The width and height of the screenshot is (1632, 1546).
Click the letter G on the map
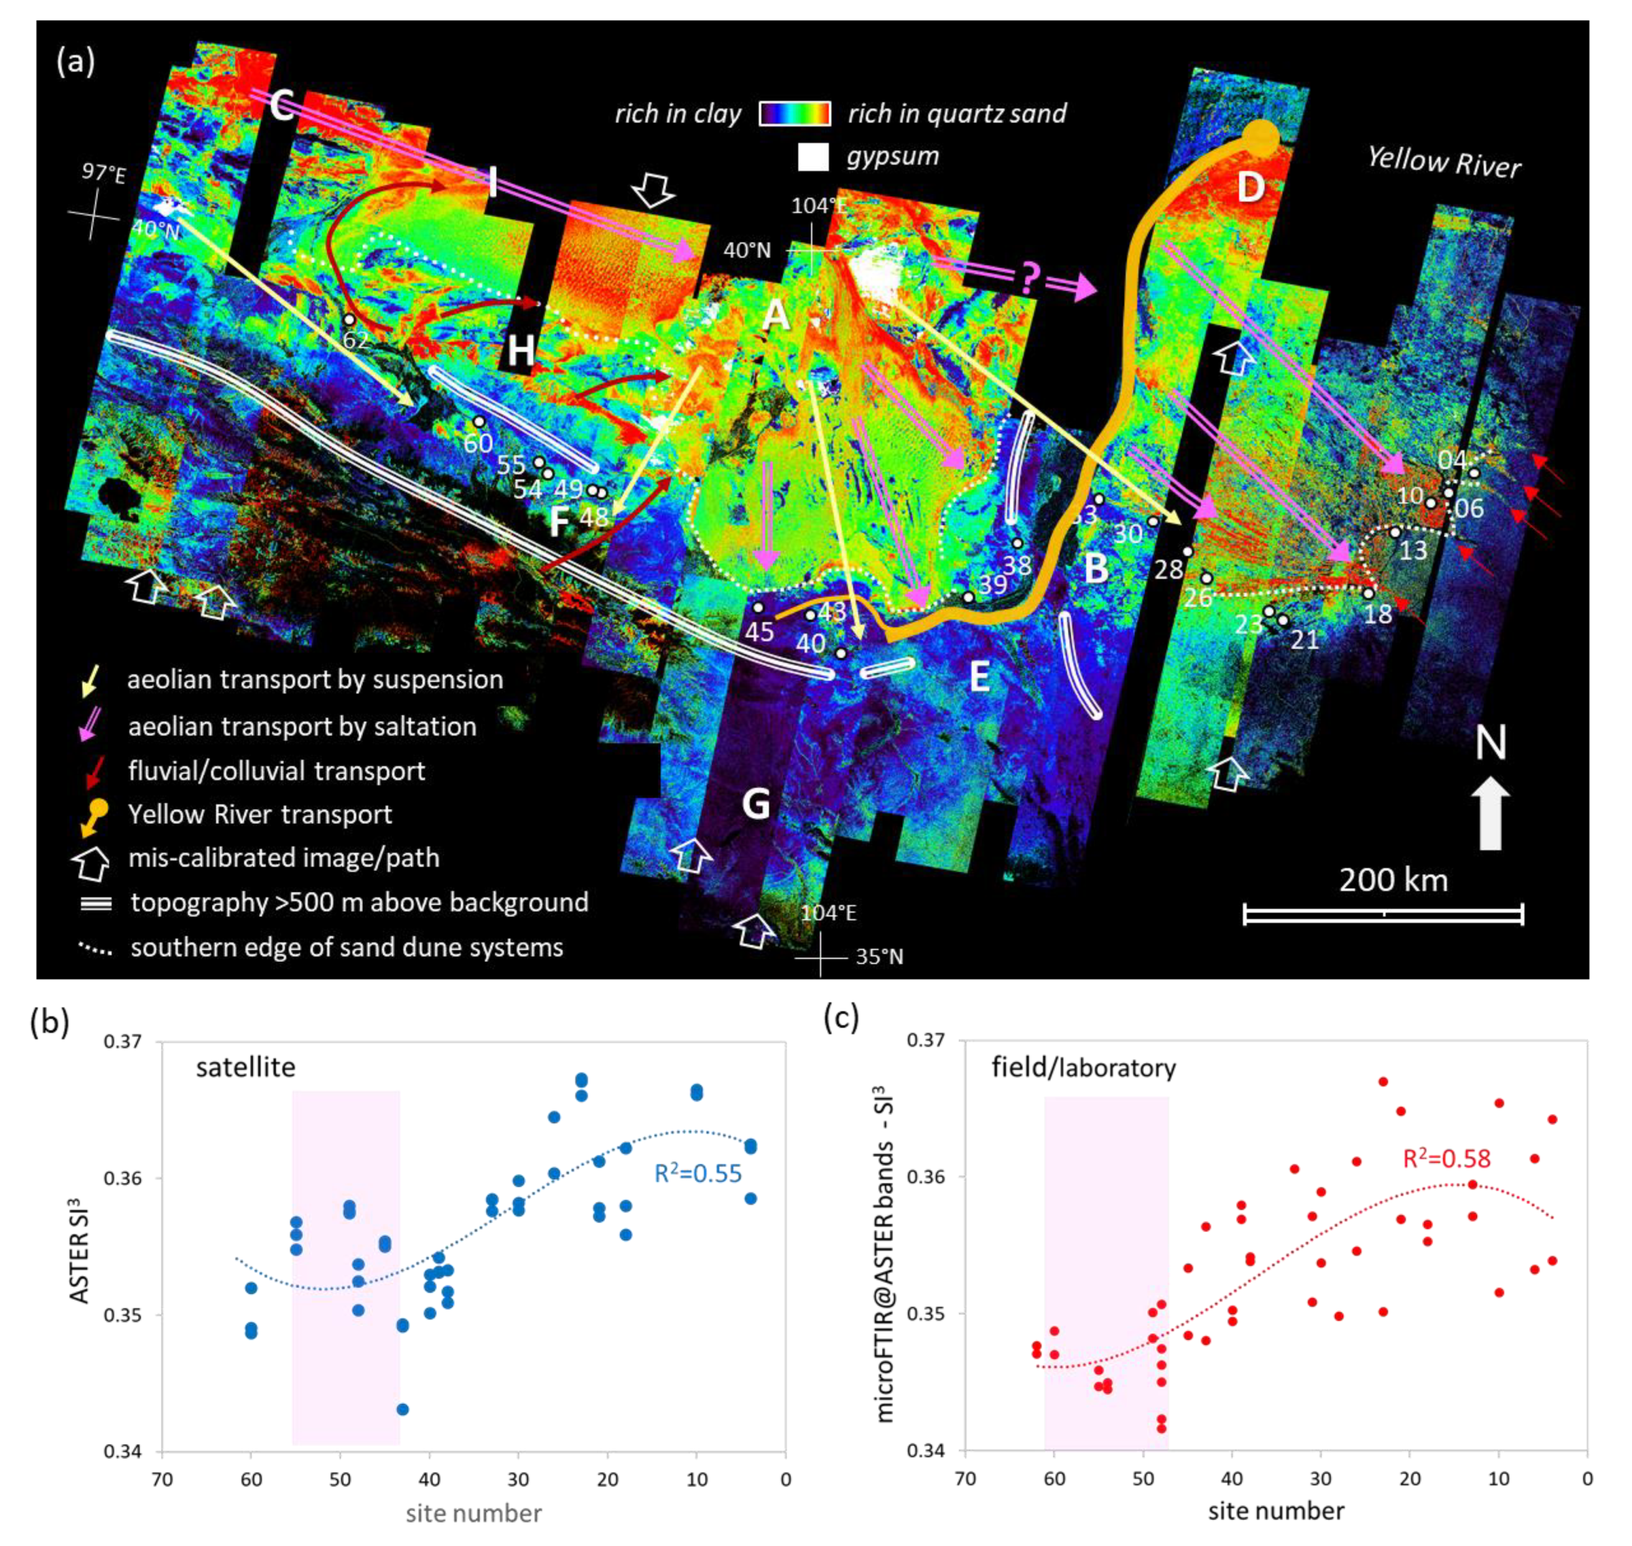[x=755, y=803]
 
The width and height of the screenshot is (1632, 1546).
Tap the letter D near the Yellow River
[x=1250, y=187]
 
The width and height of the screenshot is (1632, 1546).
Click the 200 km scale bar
[x=1383, y=913]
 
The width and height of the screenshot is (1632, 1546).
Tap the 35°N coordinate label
[x=879, y=957]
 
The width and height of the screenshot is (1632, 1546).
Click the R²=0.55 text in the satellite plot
[x=698, y=1173]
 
